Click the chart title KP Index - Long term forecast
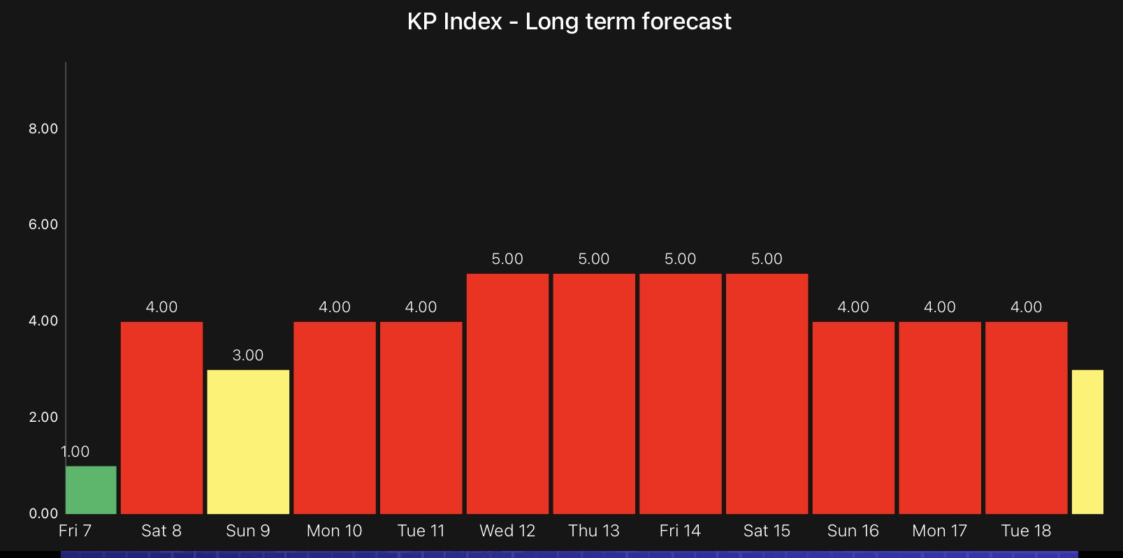click(569, 22)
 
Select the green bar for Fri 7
click(91, 490)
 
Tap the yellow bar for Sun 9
click(248, 441)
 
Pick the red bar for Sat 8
click(161, 418)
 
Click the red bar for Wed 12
click(507, 393)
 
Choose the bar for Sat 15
click(767, 393)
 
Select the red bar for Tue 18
click(1026, 418)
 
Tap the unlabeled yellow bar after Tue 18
click(1087, 441)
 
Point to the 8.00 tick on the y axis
click(43, 129)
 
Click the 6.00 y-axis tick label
click(43, 224)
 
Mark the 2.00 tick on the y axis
click(43, 417)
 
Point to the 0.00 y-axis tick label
click(43, 513)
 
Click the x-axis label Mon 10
click(334, 531)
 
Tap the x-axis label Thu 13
click(593, 531)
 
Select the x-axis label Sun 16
click(853, 531)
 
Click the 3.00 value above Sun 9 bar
click(248, 355)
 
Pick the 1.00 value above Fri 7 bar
click(75, 451)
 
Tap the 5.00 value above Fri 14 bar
click(680, 258)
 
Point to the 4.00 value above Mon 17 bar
click(939, 307)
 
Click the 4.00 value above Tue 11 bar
click(421, 307)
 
